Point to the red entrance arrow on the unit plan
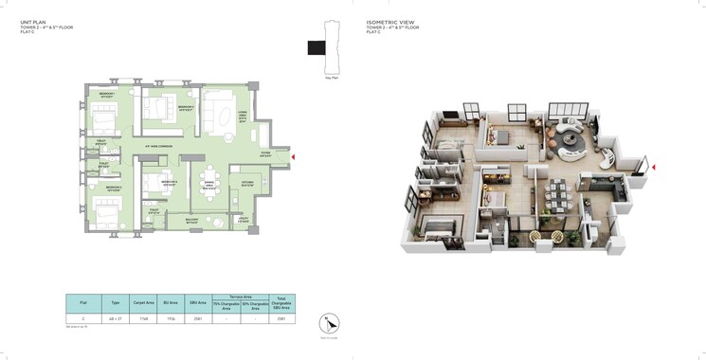click(x=294, y=156)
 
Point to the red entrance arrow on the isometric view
click(x=653, y=168)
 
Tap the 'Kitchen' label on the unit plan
click(x=247, y=183)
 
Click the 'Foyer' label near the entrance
click(x=265, y=153)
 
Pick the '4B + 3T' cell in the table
click(x=114, y=319)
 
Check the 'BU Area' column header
click(x=171, y=300)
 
